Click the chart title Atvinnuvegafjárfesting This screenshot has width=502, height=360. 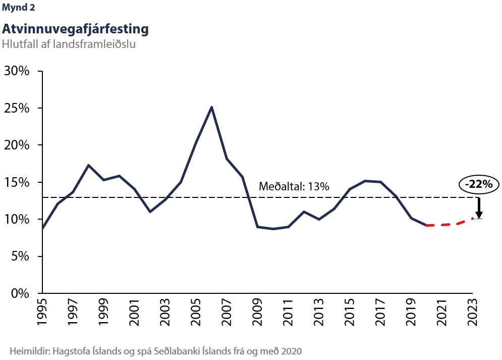tap(75, 29)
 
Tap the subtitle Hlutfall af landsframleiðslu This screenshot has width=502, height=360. tap(69, 44)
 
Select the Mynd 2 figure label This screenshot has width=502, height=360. tap(19, 8)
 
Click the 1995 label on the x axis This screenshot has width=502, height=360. tap(43, 313)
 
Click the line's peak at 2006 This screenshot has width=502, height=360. tap(211, 107)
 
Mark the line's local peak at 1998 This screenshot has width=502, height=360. tap(89, 165)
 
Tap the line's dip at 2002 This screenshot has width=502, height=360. tap(150, 212)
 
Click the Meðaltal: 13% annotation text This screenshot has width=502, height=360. tap(294, 187)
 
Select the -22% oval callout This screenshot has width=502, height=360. tap(479, 184)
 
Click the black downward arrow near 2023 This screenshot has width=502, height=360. tap(478, 208)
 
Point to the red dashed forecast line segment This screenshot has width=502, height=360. tap(449, 224)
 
